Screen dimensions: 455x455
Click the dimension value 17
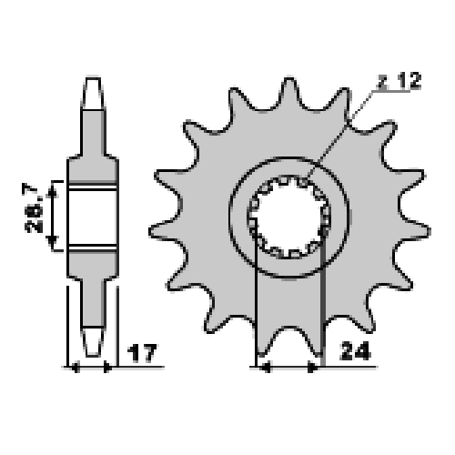(142, 352)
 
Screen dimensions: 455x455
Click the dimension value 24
(356, 351)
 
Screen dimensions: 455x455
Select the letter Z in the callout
(383, 81)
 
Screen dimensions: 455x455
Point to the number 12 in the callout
(409, 81)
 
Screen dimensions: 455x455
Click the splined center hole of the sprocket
(289, 217)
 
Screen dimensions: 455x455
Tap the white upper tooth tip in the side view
(93, 93)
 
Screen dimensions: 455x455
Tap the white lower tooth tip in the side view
(93, 341)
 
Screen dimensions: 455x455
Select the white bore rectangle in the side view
(92, 217)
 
